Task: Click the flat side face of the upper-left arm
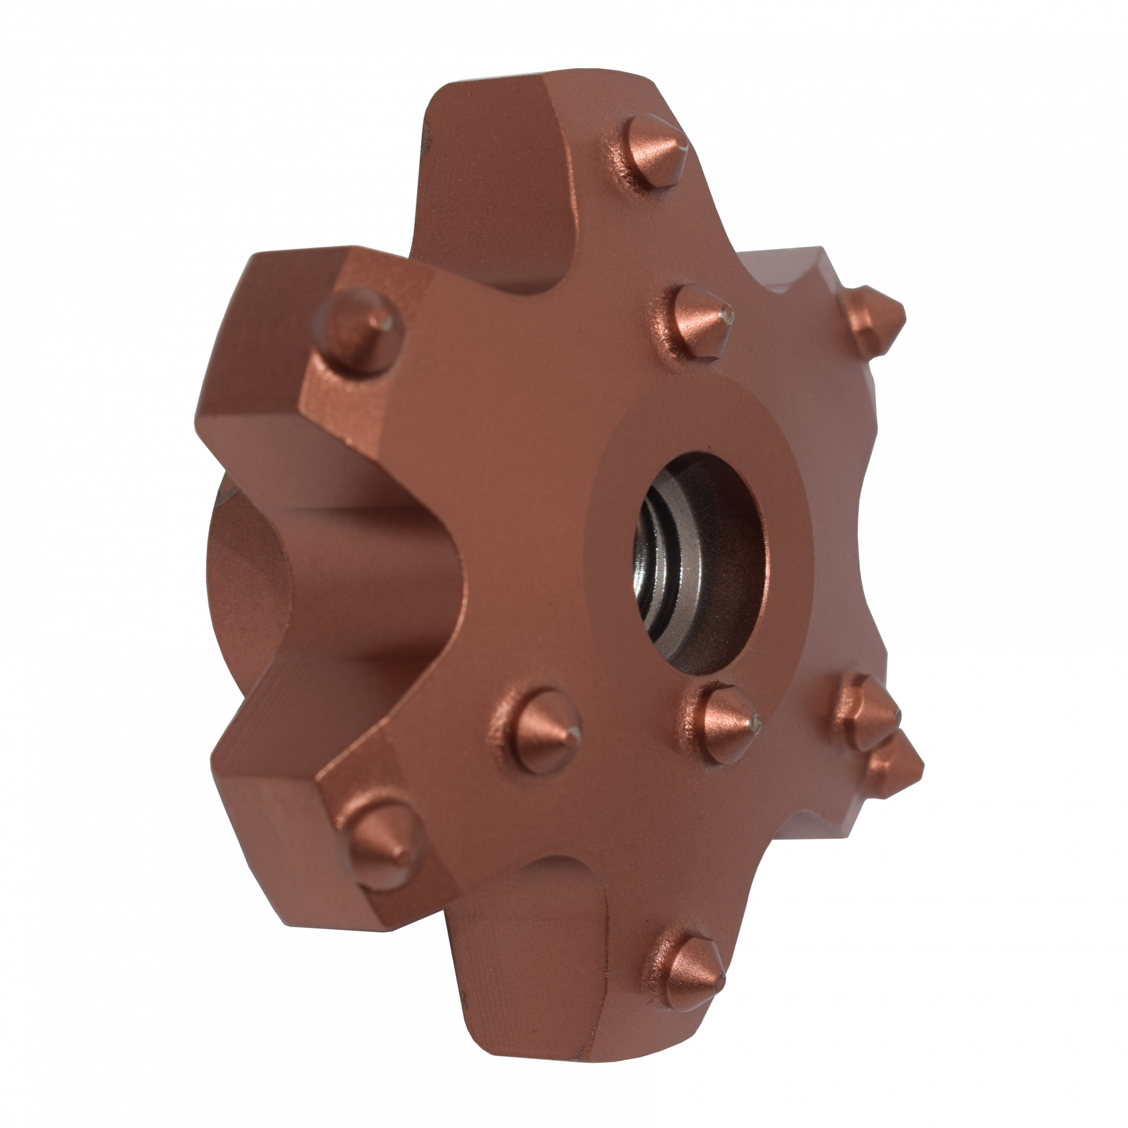(247, 352)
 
